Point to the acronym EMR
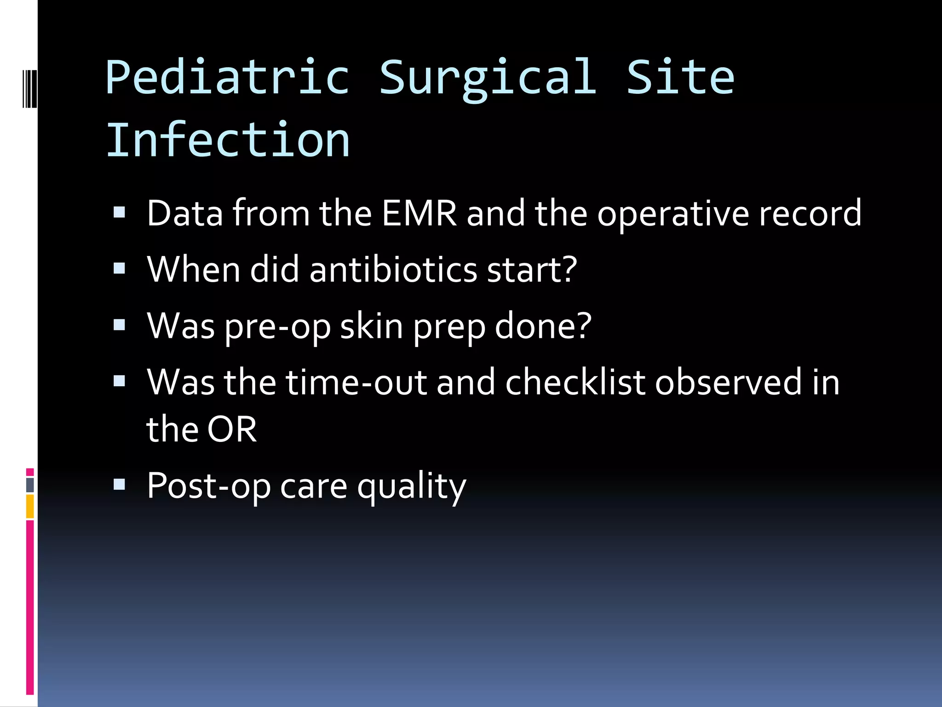pos(419,213)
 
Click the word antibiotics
pos(393,270)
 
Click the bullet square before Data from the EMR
pos(119,212)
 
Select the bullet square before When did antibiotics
pos(119,269)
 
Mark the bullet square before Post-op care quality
pos(119,484)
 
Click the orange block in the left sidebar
pos(30,506)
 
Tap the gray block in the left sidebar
pos(30,485)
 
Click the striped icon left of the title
pos(29,88)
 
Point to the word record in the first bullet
pos(810,213)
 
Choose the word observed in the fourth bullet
pos(728,382)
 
